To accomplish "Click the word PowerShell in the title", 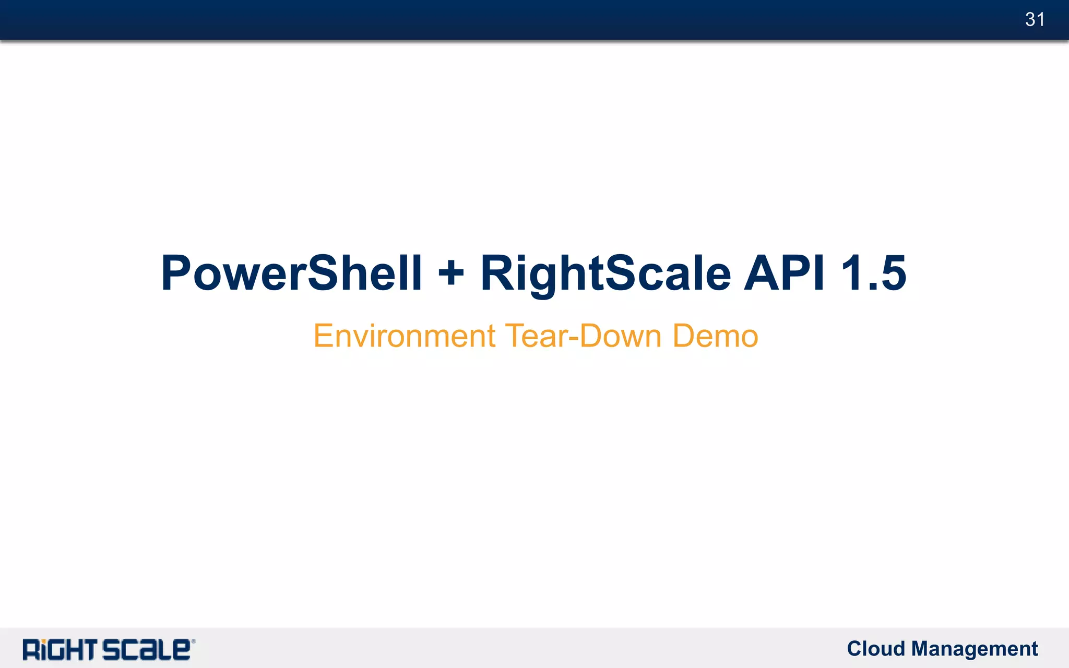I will [x=291, y=273].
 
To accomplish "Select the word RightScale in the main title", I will [x=605, y=273].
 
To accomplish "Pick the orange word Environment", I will [x=404, y=336].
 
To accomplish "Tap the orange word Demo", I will [x=715, y=336].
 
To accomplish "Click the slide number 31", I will [x=1035, y=20].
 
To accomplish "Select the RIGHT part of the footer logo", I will [x=60, y=650].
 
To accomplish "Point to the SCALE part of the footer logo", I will [x=146, y=650].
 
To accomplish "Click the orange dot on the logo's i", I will [x=44, y=641].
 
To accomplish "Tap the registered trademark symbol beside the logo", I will [x=193, y=641].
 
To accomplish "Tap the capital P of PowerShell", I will [x=175, y=272].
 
